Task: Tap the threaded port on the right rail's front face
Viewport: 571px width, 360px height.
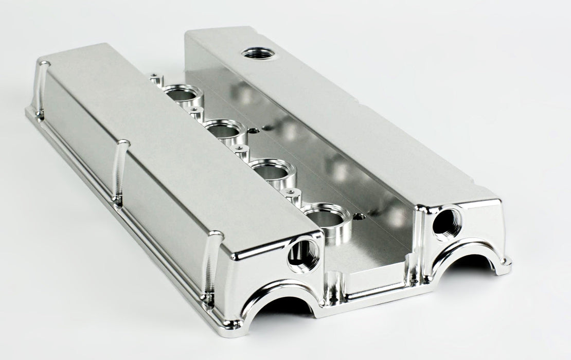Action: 447,223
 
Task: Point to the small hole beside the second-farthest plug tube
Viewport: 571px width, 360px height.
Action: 253,131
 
